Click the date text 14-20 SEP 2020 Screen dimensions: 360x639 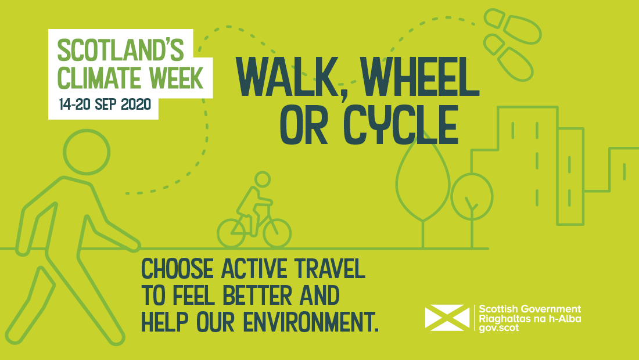pyautogui.click(x=104, y=105)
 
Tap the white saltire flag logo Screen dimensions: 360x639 pyautogui.click(x=447, y=317)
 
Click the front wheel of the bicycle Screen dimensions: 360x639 pyautogui.click(x=277, y=233)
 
